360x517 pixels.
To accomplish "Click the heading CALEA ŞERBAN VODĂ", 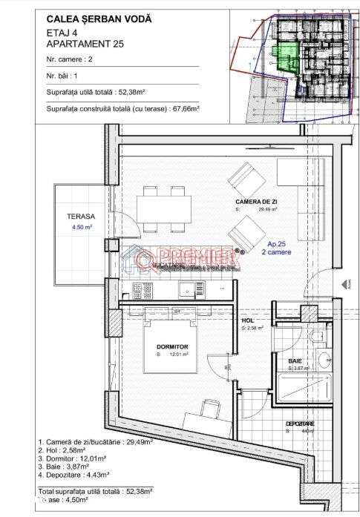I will (99, 19).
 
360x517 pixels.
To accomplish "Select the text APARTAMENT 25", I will (85, 45).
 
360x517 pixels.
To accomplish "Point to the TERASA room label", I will (80, 217).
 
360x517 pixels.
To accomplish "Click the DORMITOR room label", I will (172, 347).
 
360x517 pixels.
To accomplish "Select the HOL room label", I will (248, 320).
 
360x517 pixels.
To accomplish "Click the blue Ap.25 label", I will (276, 244).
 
